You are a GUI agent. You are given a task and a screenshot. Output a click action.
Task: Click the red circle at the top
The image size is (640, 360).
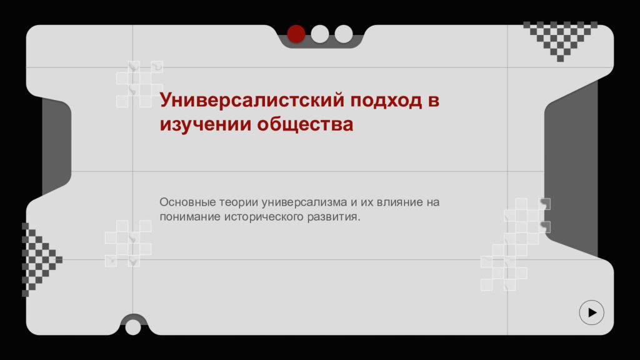(x=296, y=34)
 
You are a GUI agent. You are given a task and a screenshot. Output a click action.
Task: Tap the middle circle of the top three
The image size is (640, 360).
(x=319, y=34)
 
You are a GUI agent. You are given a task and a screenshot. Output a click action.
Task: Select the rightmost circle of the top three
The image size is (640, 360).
(x=343, y=34)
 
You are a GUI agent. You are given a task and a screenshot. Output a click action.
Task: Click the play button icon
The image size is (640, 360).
(x=591, y=312)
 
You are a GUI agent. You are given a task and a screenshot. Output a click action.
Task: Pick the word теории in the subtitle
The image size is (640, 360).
(x=238, y=202)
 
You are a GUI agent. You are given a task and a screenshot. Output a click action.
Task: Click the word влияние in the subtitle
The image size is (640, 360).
(x=399, y=202)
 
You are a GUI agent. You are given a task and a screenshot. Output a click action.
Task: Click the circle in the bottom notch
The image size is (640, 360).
(x=133, y=327)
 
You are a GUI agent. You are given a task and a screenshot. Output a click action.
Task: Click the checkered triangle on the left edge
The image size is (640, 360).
(x=37, y=258)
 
